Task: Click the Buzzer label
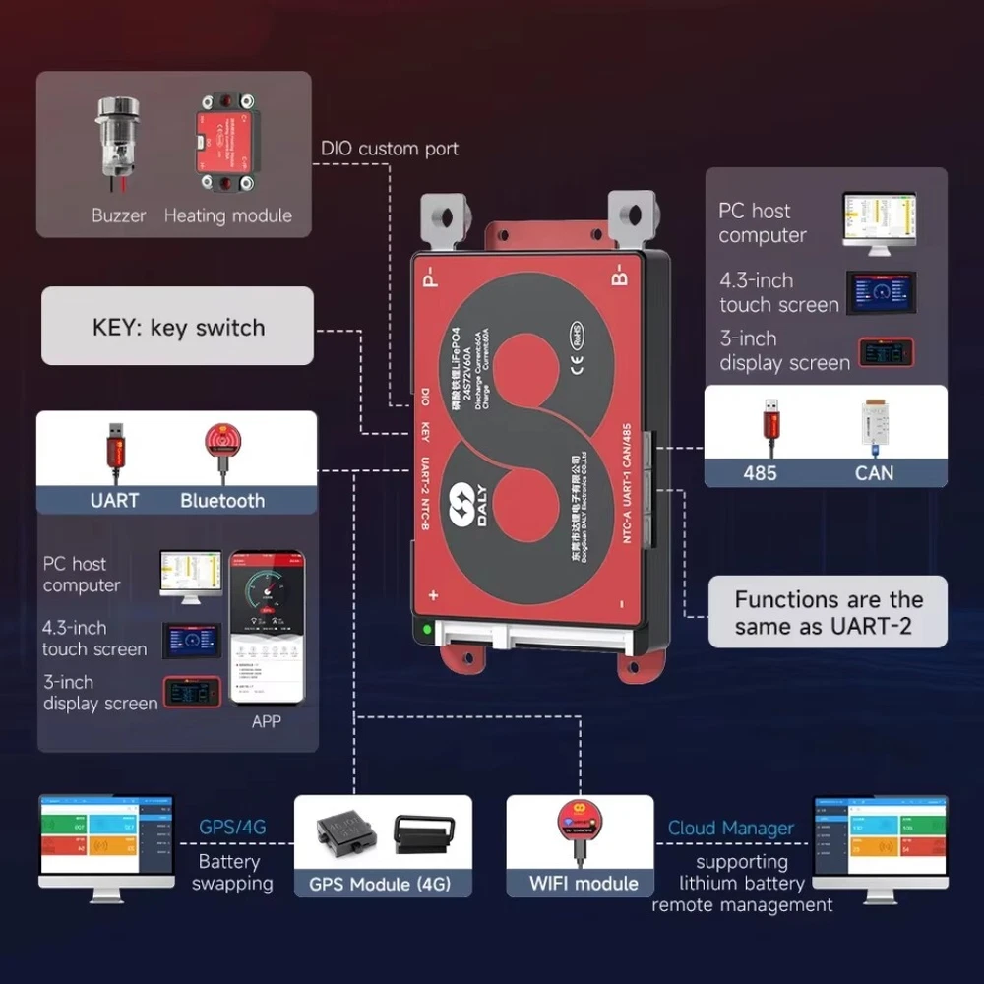click(x=118, y=215)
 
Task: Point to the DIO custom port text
click(x=390, y=149)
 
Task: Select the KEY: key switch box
click(x=178, y=327)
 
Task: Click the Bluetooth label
click(x=222, y=500)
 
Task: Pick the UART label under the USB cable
click(x=114, y=500)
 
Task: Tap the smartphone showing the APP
click(x=266, y=627)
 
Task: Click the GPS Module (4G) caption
click(x=380, y=883)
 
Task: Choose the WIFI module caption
click(x=584, y=883)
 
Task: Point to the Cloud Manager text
click(x=730, y=829)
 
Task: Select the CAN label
click(x=874, y=472)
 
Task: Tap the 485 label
click(x=760, y=472)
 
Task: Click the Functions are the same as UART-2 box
click(x=829, y=612)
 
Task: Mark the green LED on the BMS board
click(x=426, y=628)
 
